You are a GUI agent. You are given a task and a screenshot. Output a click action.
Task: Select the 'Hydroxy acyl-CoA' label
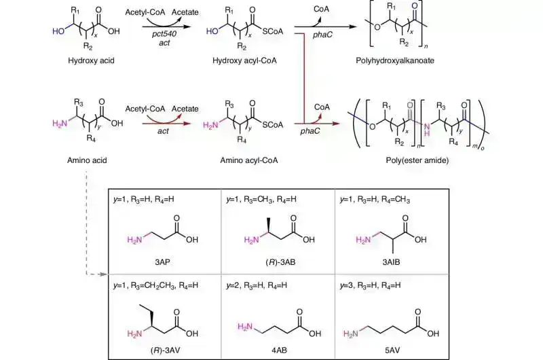pyautogui.click(x=246, y=60)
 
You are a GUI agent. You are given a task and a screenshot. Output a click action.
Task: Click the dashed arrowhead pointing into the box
pyautogui.click(x=104, y=275)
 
